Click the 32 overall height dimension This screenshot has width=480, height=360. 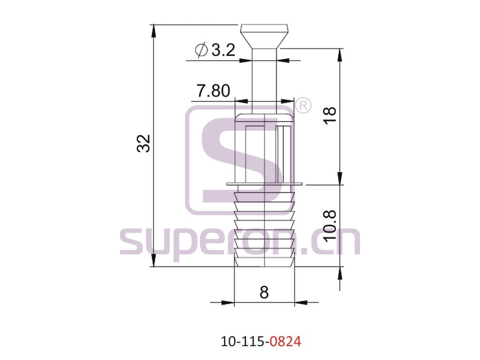pyautogui.click(x=143, y=143)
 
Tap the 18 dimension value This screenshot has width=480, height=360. pyautogui.click(x=330, y=115)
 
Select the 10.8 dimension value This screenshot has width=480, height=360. pyautogui.click(x=330, y=226)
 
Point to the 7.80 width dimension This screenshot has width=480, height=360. pyautogui.click(x=213, y=91)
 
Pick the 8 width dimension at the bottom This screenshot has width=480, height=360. pyautogui.click(x=264, y=292)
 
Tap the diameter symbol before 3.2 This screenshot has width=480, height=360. pyautogui.click(x=202, y=50)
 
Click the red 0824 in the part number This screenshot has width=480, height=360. pyautogui.click(x=286, y=341)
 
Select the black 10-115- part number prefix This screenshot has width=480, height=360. pyautogui.click(x=245, y=341)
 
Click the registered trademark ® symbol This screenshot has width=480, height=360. pyautogui.click(x=303, y=106)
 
